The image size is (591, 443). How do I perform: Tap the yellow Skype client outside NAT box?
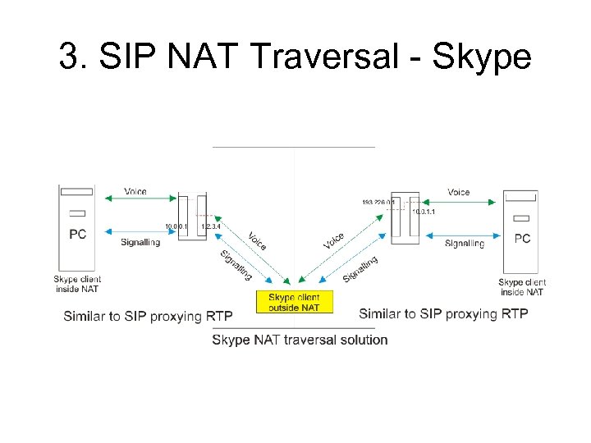coord(295,302)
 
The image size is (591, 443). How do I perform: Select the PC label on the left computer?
coord(77,235)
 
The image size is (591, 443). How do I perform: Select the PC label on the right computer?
coord(522,239)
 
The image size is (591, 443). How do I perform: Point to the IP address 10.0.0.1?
coord(176,226)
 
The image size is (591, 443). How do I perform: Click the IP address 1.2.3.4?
coord(211,226)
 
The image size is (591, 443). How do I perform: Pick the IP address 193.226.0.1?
coord(378,202)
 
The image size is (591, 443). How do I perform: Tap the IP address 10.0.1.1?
coord(424,212)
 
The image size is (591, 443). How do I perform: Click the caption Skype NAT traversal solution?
coord(300,340)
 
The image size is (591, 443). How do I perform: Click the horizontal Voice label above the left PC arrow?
coord(135,192)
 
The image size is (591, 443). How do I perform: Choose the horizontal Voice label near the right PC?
coord(459,192)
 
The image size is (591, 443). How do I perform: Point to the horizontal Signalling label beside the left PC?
coord(140,243)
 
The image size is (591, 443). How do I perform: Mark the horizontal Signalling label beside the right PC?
coord(465,244)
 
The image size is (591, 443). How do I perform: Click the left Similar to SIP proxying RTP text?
coord(148,317)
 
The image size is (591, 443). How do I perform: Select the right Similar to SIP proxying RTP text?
coord(443,313)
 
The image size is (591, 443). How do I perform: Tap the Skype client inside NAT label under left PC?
coord(77,284)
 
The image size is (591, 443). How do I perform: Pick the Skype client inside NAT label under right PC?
coord(522,287)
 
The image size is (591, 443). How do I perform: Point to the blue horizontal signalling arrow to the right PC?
coord(460,233)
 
